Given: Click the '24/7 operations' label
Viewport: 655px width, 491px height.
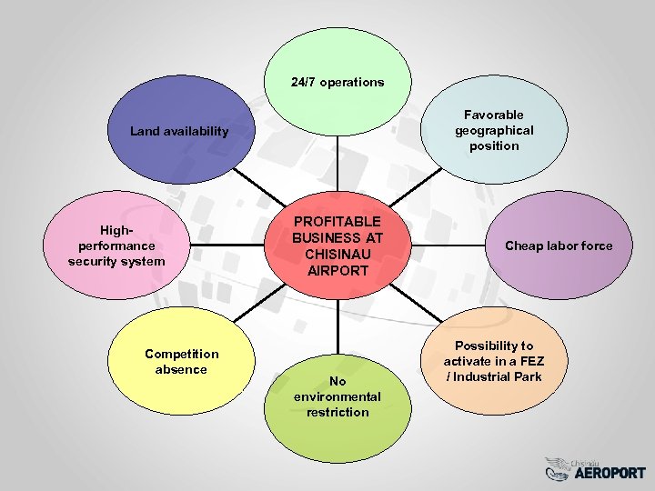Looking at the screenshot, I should [338, 82].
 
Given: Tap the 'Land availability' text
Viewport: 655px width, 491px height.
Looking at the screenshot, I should [179, 131].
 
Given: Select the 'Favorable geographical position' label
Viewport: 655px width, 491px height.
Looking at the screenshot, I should [494, 130].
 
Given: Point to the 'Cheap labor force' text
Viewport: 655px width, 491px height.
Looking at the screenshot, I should [559, 245].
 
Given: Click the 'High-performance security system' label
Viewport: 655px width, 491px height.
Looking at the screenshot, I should [116, 245].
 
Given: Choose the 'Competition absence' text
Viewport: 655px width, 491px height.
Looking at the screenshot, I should [181, 361].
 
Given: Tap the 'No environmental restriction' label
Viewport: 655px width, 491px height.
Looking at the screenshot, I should [337, 396].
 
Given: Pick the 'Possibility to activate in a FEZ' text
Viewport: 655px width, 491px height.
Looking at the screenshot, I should [494, 361].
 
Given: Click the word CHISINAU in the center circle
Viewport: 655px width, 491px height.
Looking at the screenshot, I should [338, 254].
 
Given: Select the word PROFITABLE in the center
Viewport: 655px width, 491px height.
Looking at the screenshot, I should [338, 222].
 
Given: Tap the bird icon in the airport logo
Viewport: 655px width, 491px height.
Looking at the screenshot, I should [557, 467].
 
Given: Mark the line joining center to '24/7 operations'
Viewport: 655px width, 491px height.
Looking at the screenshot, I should [338, 168].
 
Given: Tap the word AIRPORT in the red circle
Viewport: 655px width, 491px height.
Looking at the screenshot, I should [338, 270].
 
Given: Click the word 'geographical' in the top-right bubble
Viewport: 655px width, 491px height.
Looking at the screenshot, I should [494, 130].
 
